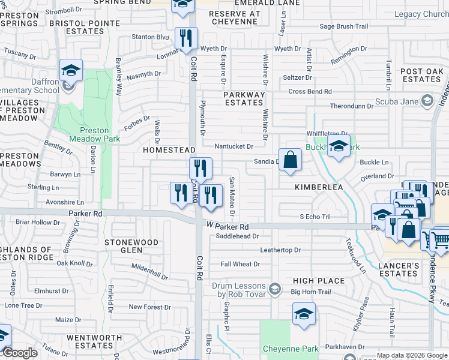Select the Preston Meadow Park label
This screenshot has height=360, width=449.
pyautogui.click(x=94, y=134)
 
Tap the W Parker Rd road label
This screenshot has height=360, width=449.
pyautogui.click(x=228, y=227)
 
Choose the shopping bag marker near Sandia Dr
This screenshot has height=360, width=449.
pyautogui.click(x=290, y=160)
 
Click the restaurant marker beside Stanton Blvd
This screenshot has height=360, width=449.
pyautogui.click(x=186, y=40)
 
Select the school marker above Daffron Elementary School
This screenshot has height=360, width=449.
pyautogui.click(x=71, y=72)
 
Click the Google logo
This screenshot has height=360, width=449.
pyautogui.click(x=20, y=353)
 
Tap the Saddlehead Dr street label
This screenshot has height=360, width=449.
pyautogui.click(x=237, y=236)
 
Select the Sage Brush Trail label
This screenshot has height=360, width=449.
pyautogui.click(x=343, y=26)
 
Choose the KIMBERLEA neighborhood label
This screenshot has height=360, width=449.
pyautogui.click(x=318, y=187)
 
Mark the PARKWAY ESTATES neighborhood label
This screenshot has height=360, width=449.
pyautogui.click(x=244, y=99)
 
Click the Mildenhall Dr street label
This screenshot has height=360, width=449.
pyautogui.click(x=149, y=273)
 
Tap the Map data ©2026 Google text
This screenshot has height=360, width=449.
pyautogui.click(x=411, y=355)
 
